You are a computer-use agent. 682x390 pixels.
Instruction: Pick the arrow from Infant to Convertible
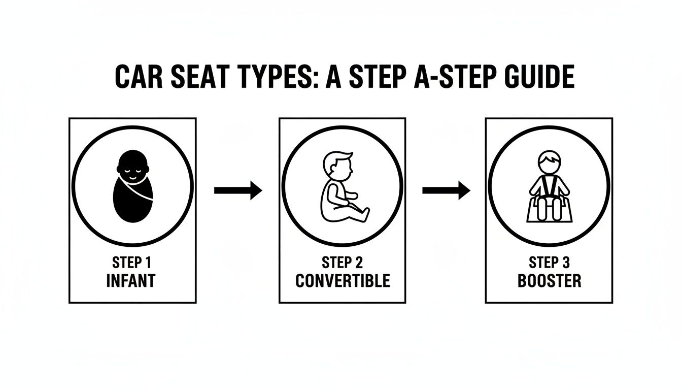point(237,191)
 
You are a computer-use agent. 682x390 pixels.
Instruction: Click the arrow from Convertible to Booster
point(446,191)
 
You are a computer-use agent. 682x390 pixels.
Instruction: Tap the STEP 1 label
point(132,263)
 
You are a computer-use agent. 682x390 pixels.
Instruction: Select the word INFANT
point(132,281)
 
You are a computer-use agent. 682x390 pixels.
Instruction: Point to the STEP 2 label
point(343,263)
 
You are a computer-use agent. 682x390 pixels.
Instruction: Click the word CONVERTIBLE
point(343,281)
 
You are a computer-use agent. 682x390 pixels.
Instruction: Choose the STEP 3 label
point(549,263)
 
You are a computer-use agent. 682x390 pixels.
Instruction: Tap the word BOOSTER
point(549,281)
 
